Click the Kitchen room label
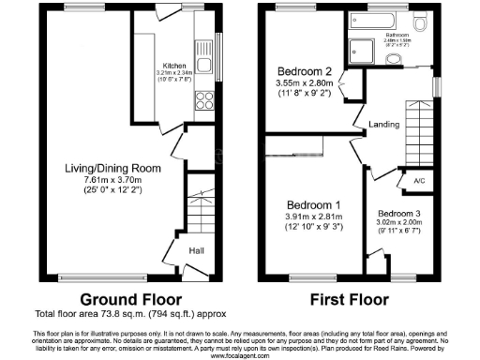(x=174, y=65)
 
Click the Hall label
(x=196, y=250)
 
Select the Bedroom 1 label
(x=309, y=204)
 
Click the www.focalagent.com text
(x=240, y=355)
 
